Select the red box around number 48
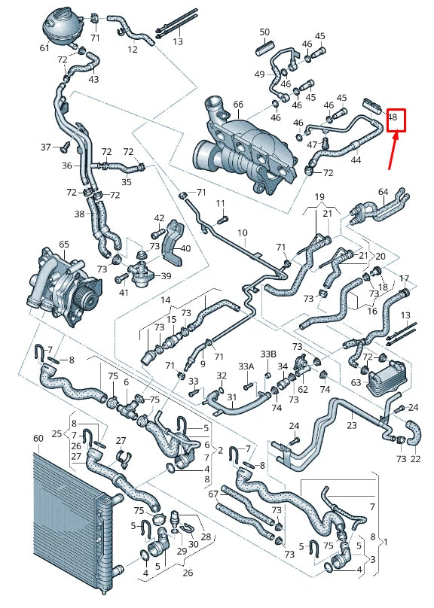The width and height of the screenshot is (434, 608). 396,120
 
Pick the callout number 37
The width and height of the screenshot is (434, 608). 45,147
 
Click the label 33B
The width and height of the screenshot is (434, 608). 268,353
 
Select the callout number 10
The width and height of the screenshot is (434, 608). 243,234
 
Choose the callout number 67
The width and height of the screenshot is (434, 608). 214,494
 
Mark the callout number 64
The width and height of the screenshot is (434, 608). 382,192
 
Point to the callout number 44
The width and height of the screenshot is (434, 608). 356,160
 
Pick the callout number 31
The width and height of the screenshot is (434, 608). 232,397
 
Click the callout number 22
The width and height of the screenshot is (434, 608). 415,458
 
